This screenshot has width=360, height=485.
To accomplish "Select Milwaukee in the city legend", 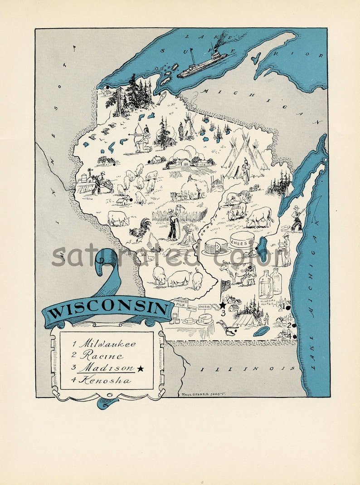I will click(x=107, y=344).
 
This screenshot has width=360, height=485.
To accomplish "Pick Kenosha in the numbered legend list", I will click(x=105, y=380).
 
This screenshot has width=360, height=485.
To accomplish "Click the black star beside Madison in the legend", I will click(x=141, y=368).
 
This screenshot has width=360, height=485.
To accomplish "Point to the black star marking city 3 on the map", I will click(x=223, y=305).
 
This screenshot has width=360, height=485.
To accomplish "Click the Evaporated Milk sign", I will click(x=183, y=304).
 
